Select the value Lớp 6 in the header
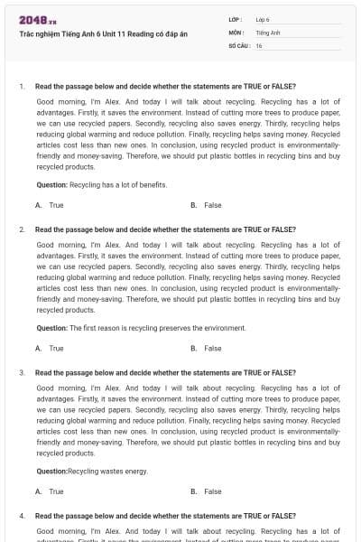click(x=263, y=19)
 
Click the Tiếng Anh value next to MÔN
click(x=268, y=32)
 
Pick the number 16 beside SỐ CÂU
click(x=259, y=44)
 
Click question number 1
click(x=21, y=87)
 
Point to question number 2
click(x=21, y=229)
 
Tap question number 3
click(x=21, y=372)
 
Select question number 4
click(x=21, y=516)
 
